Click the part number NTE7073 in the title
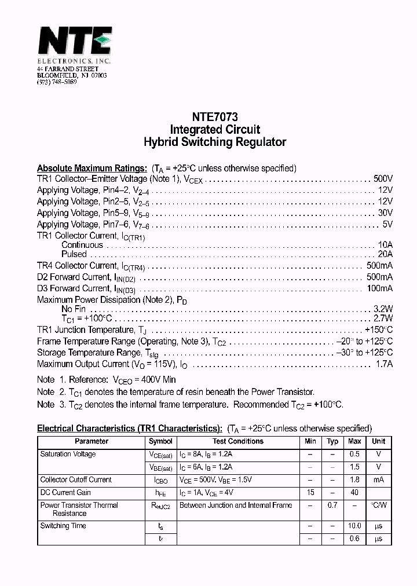[215, 116]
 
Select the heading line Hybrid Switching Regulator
[215, 142]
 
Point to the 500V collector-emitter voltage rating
[383, 179]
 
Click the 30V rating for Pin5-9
[385, 213]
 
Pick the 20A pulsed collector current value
[385, 254]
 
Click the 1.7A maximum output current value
[385, 364]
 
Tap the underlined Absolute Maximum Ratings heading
[92, 169]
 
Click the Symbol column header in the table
[160, 441]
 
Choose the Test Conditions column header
[237, 441]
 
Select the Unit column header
[379, 441]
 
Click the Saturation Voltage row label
[68, 454]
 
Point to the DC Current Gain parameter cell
[65, 492]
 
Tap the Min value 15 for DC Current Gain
[310, 492]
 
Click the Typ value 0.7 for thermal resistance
[332, 506]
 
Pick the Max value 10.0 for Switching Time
[354, 526]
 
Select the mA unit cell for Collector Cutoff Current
[379, 479]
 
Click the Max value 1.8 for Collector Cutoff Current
[354, 479]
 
